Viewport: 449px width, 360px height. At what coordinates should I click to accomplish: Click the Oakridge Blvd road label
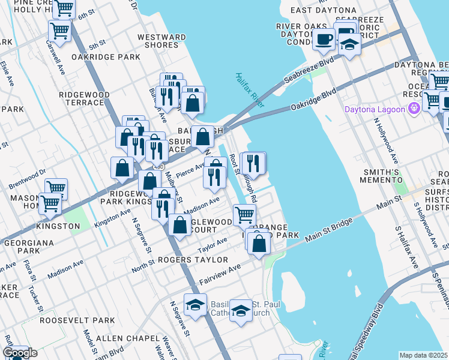pos(313,99)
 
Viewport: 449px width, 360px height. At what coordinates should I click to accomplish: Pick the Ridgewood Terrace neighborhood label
pos(84,99)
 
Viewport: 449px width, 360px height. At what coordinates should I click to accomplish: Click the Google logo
pos(19,353)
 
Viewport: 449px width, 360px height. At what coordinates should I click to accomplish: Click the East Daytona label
pos(319,10)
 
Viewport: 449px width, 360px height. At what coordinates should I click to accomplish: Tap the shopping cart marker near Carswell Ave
pos(59,30)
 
